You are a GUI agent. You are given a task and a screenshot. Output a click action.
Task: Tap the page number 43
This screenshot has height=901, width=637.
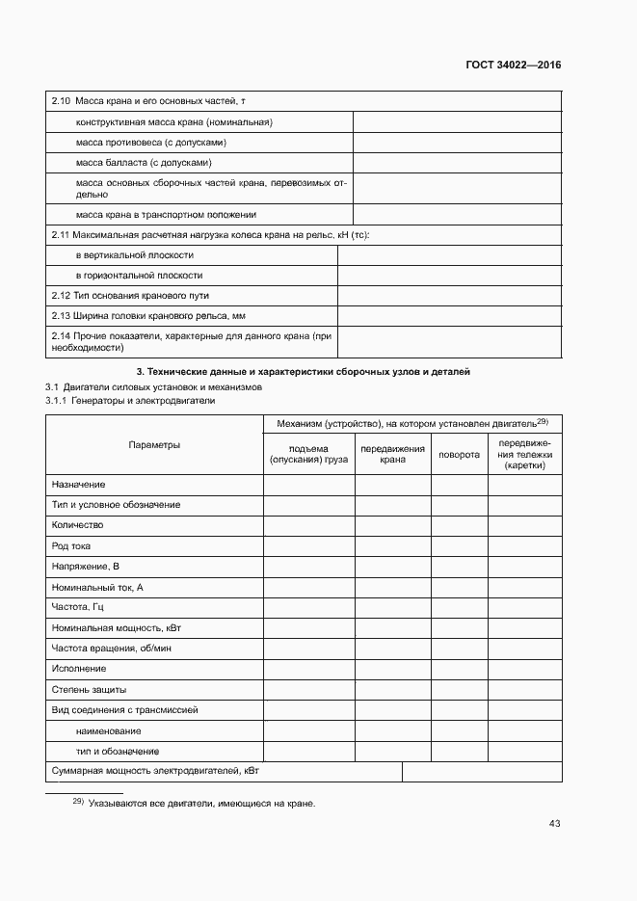click(x=554, y=823)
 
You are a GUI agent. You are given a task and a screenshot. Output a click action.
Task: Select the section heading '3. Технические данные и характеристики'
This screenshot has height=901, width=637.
click(x=303, y=372)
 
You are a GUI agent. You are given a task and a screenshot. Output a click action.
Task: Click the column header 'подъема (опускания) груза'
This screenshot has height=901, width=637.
click(x=308, y=454)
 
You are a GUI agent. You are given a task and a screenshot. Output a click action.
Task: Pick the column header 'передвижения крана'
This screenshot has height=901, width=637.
click(x=392, y=454)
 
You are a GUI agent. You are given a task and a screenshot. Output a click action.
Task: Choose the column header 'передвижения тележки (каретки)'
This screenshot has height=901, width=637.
click(x=524, y=454)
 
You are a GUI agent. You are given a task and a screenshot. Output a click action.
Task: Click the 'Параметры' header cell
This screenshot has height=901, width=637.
click(x=154, y=444)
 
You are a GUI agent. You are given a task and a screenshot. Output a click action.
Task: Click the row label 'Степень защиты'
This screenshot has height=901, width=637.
click(x=89, y=689)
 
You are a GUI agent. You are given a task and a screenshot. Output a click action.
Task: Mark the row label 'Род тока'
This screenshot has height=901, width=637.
click(x=71, y=545)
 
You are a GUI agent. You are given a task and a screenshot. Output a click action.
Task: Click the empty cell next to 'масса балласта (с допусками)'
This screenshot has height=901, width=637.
click(x=457, y=163)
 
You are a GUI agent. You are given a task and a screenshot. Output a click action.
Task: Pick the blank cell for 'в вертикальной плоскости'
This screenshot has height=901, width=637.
click(x=449, y=255)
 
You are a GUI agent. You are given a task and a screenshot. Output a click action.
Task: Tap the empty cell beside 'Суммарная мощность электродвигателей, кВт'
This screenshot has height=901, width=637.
click(x=482, y=772)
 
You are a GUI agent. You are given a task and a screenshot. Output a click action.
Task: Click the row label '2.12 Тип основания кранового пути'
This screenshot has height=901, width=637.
click(x=129, y=295)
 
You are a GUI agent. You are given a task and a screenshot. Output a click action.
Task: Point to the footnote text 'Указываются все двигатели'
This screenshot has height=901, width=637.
click(x=201, y=804)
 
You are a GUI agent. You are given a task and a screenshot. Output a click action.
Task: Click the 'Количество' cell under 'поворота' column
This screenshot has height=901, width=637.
click(x=459, y=525)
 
